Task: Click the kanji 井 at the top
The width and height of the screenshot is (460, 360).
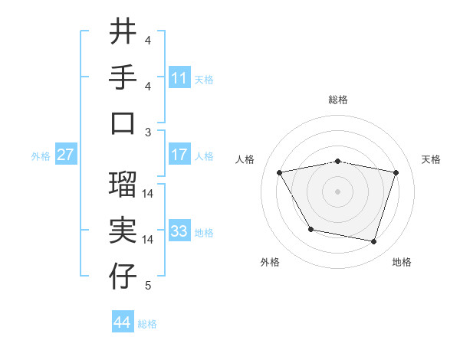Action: coord(123,31)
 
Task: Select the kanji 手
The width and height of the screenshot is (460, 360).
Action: coord(123,77)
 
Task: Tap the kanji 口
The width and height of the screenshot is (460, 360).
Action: coord(123,123)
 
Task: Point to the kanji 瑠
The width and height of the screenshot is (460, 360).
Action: coord(123,185)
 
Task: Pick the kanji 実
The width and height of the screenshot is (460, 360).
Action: coord(123,231)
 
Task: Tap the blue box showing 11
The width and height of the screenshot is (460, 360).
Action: coord(179,77)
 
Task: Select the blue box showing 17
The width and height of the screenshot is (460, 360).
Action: coord(179,155)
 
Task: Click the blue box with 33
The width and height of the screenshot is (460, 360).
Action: coord(179,231)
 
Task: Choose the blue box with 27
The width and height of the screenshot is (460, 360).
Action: coord(66,155)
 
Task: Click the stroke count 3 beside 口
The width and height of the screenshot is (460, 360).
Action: coord(148,132)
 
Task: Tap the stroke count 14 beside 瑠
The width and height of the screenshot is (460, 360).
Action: coord(148,194)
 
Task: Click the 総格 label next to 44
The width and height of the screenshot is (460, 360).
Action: coord(147,324)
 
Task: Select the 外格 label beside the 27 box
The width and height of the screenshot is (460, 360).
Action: coord(41,156)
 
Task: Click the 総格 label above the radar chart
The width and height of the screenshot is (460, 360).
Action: coord(338,100)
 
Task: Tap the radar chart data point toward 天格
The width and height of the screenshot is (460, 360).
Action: coord(396,172)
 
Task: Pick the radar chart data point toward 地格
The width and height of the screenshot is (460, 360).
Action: coord(373,242)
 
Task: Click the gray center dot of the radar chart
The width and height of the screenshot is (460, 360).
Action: coord(338,191)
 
